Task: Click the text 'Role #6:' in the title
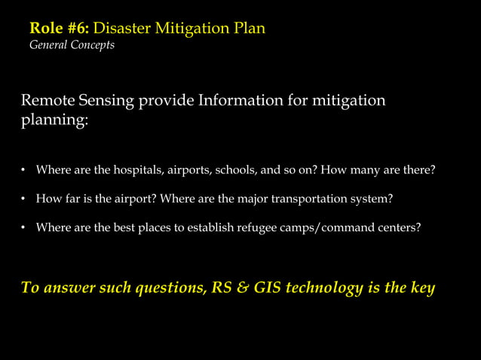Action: tap(59, 29)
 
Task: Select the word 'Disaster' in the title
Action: tap(122, 29)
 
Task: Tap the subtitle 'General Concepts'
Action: tap(72, 45)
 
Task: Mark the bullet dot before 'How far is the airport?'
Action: tap(24, 199)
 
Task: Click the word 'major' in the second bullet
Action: tap(265, 199)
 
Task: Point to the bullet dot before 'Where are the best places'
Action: tap(24, 227)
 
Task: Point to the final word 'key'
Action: tap(421, 288)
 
